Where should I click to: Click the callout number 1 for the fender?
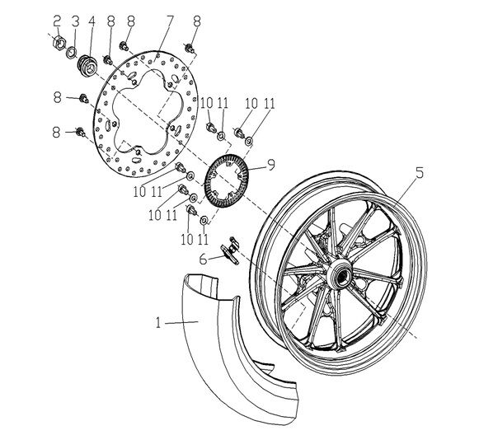point(158,323)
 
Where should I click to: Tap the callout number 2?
point(57,21)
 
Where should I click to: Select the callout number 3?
point(76,21)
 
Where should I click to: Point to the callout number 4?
point(92,21)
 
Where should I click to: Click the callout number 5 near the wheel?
point(420,173)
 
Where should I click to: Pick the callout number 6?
point(203,260)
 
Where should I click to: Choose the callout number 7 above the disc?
point(170,21)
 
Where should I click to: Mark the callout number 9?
point(270,165)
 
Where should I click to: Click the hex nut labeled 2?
point(59,42)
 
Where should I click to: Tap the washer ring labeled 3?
point(72,52)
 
